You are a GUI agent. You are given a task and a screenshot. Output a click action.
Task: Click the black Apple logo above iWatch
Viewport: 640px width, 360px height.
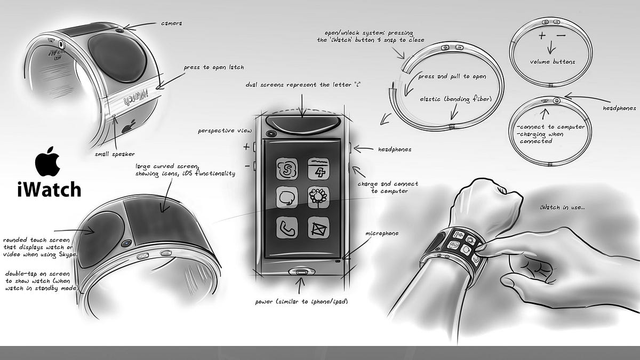pyautogui.click(x=47, y=162)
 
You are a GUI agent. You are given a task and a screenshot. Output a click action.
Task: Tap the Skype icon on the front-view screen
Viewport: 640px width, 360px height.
pyautogui.click(x=287, y=169)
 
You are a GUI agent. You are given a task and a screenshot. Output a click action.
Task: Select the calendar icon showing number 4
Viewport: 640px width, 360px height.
pyautogui.click(x=318, y=169)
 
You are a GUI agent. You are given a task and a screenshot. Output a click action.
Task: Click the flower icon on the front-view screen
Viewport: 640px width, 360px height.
pyautogui.click(x=318, y=197)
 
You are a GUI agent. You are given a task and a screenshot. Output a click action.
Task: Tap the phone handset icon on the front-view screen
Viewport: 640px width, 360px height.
pyautogui.click(x=287, y=227)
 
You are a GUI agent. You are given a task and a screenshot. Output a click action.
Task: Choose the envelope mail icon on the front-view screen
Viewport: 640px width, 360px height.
pyautogui.click(x=318, y=227)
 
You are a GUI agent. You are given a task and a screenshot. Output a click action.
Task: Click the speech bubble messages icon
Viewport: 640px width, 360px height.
pyautogui.click(x=287, y=197)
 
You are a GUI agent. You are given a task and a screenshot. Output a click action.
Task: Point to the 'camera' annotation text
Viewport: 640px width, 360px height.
pyautogui.click(x=171, y=23)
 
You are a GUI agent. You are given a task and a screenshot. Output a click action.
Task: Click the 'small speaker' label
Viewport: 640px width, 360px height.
pyautogui.click(x=115, y=154)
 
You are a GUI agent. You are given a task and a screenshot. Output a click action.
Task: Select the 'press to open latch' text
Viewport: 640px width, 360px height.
pyautogui.click(x=214, y=67)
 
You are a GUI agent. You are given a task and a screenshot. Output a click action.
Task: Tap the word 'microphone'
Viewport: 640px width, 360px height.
pyautogui.click(x=382, y=234)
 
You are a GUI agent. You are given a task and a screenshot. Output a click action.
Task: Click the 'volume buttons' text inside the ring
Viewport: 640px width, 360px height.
pyautogui.click(x=553, y=62)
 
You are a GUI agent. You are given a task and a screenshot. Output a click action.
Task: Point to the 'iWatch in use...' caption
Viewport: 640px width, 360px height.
pyautogui.click(x=562, y=207)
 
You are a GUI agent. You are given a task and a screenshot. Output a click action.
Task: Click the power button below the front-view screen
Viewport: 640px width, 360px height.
pyautogui.click(x=300, y=271)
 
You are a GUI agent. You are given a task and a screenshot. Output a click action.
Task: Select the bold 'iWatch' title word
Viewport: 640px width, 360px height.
pyautogui.click(x=49, y=189)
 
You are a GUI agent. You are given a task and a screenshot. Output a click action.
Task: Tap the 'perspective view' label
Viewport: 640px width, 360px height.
pyautogui.click(x=225, y=131)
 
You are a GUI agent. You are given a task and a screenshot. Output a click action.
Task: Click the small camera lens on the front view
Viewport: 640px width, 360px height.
pyautogui.click(x=270, y=133)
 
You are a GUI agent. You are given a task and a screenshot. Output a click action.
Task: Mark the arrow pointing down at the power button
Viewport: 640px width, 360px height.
pyautogui.click(x=299, y=286)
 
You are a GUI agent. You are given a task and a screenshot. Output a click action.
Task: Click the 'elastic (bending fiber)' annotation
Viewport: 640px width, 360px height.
pyautogui.click(x=455, y=99)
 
